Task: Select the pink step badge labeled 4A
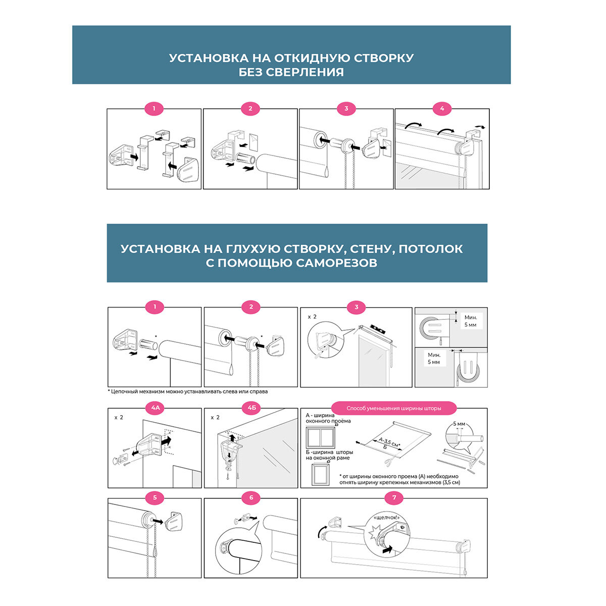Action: [155, 408]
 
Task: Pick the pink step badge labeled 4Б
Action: [251, 408]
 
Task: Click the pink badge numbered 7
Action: [394, 498]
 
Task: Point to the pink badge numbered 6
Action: [251, 498]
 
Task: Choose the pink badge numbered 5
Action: [155, 498]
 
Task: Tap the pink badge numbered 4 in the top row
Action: [442, 109]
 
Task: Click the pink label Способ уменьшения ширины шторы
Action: [394, 408]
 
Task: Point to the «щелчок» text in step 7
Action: [387, 518]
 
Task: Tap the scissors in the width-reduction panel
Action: [388, 462]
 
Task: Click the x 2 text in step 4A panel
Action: [119, 418]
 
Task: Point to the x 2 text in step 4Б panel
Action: [215, 418]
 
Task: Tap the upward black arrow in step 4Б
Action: [233, 435]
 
